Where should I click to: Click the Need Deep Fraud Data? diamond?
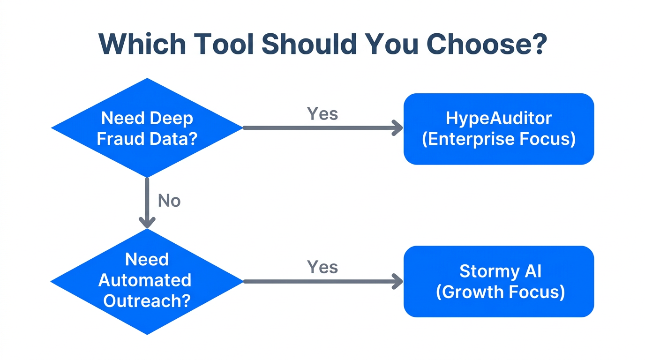pyautogui.click(x=147, y=128)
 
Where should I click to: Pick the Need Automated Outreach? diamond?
pyautogui.click(x=147, y=281)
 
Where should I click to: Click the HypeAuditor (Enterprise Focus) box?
pyautogui.click(x=498, y=129)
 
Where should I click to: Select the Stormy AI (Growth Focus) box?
pyautogui.click(x=498, y=281)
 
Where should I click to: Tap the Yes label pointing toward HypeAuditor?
pyautogui.click(x=322, y=113)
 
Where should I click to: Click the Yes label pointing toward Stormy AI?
pyautogui.click(x=322, y=267)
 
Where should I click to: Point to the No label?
pyautogui.click(x=169, y=201)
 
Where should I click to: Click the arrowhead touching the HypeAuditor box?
pyautogui.click(x=397, y=128)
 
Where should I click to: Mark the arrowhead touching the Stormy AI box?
pyautogui.click(x=397, y=281)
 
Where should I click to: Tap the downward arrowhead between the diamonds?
pyautogui.click(x=147, y=222)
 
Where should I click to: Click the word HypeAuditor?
pyautogui.click(x=498, y=118)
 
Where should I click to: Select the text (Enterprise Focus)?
pyautogui.click(x=498, y=139)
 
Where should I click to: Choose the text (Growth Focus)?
pyautogui.click(x=500, y=292)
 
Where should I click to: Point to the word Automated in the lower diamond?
pyautogui.click(x=145, y=280)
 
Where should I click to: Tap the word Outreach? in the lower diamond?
pyautogui.click(x=147, y=300)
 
